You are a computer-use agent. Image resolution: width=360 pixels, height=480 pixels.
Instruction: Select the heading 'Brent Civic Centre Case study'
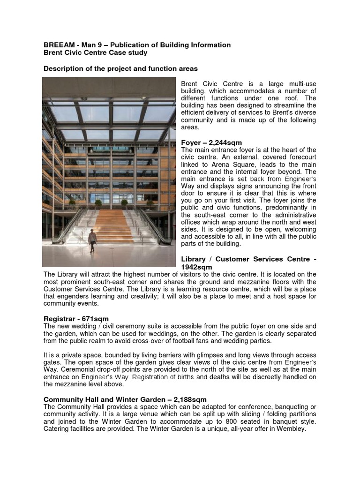pos(96,53)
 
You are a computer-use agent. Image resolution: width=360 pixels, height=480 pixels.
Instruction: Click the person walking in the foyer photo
pos(92,240)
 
